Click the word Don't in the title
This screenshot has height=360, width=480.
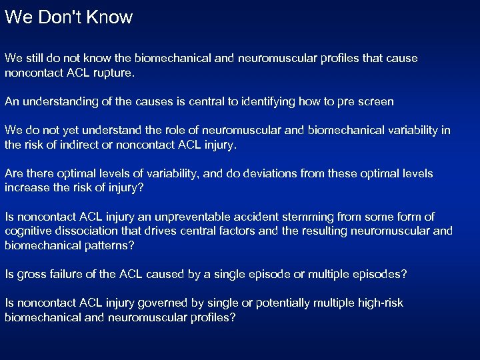click(60, 17)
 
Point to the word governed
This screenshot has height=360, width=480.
click(148, 303)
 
